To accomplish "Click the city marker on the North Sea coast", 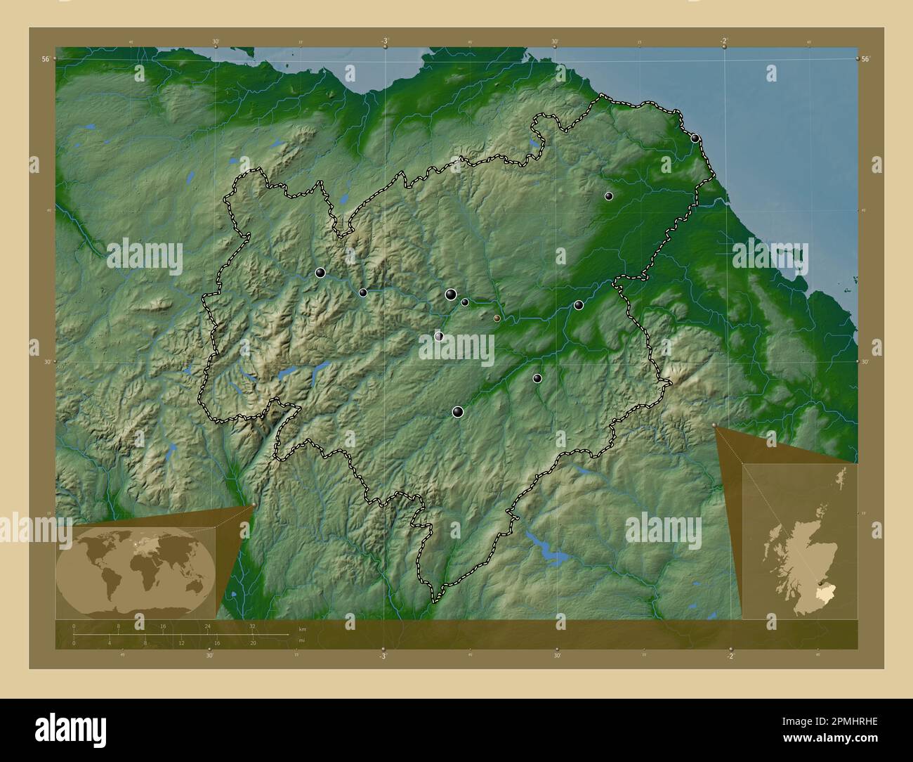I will (x=695, y=138).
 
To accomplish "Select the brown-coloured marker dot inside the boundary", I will (x=497, y=318).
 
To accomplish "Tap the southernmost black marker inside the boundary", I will (x=458, y=412).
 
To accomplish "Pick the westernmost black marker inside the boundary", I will (x=320, y=273).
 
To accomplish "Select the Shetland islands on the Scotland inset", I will (x=841, y=478).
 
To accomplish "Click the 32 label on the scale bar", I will (x=252, y=626).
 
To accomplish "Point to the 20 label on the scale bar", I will (x=252, y=643).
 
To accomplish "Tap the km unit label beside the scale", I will (x=303, y=628).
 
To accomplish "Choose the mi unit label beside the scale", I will (x=302, y=640).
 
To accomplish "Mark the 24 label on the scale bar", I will (x=207, y=626).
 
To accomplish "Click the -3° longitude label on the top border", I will (x=385, y=41).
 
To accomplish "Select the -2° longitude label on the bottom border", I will (x=730, y=656).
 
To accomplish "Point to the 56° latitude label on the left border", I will (x=45, y=60).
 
